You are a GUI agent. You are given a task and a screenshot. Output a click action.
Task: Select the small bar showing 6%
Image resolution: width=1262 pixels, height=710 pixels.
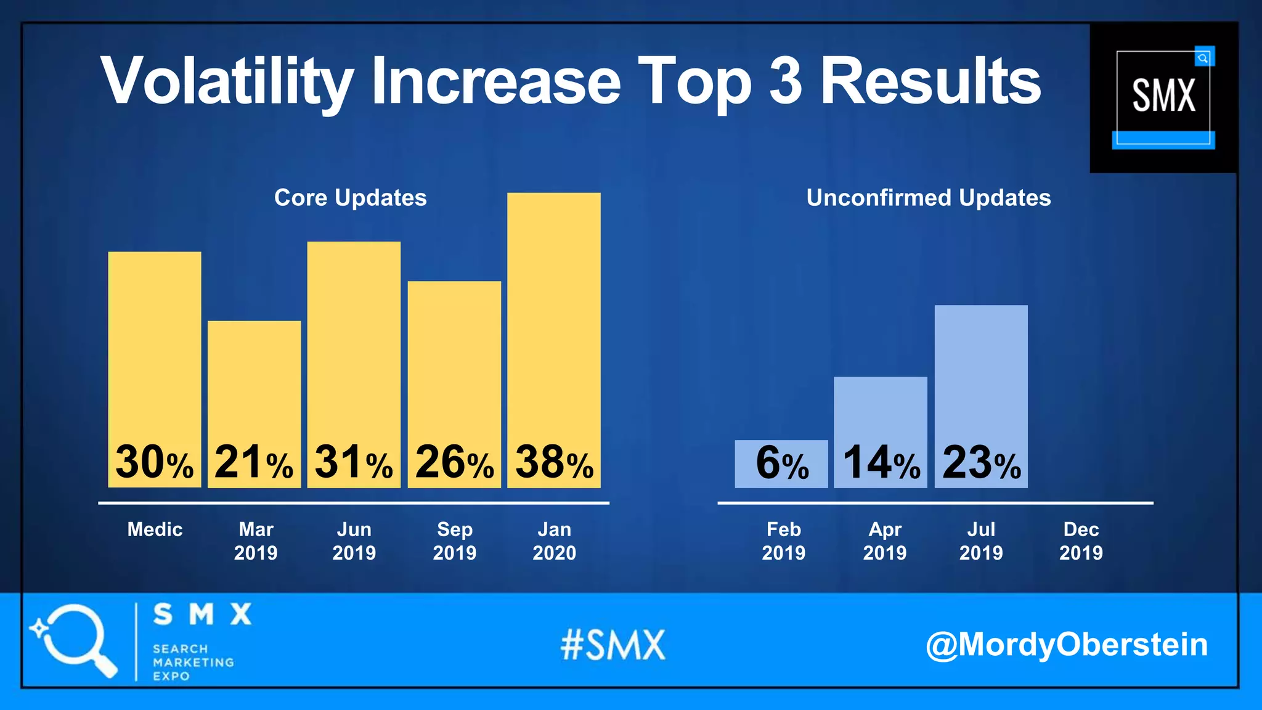[x=781, y=463]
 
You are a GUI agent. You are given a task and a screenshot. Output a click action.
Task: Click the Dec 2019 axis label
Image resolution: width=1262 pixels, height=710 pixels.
[x=1081, y=541]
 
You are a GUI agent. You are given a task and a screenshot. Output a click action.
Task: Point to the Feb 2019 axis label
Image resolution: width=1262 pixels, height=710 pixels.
[x=783, y=541]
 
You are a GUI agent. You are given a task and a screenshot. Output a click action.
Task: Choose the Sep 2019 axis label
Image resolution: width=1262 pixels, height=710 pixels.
[x=454, y=541]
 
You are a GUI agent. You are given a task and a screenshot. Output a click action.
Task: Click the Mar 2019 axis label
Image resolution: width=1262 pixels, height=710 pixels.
[x=256, y=541]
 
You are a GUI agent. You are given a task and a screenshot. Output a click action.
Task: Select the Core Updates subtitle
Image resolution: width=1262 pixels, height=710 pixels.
[x=350, y=198]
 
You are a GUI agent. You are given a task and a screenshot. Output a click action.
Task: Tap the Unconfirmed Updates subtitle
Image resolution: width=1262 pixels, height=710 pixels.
[x=928, y=198]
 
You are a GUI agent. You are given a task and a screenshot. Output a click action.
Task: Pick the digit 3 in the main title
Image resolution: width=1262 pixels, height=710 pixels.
[x=786, y=80]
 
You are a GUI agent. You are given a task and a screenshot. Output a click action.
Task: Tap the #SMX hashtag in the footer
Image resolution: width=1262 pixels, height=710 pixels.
[x=613, y=645]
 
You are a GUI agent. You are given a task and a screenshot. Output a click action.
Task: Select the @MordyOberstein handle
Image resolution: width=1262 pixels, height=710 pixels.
[x=1067, y=645]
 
